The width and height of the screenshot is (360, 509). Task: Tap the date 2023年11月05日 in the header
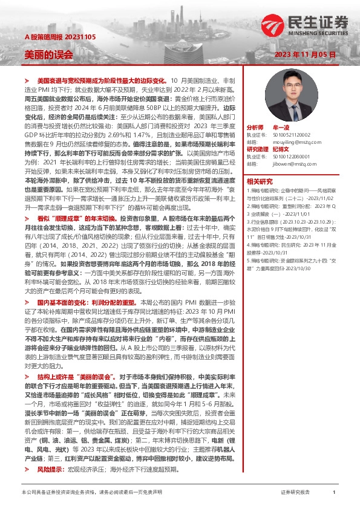click(x=304, y=54)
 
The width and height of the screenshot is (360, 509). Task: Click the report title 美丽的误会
click(x=48, y=54)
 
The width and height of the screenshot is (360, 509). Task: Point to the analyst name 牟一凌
click(x=281, y=128)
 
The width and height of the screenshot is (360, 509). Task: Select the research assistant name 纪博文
click(x=281, y=149)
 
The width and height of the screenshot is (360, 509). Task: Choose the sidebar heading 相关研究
click(x=260, y=180)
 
